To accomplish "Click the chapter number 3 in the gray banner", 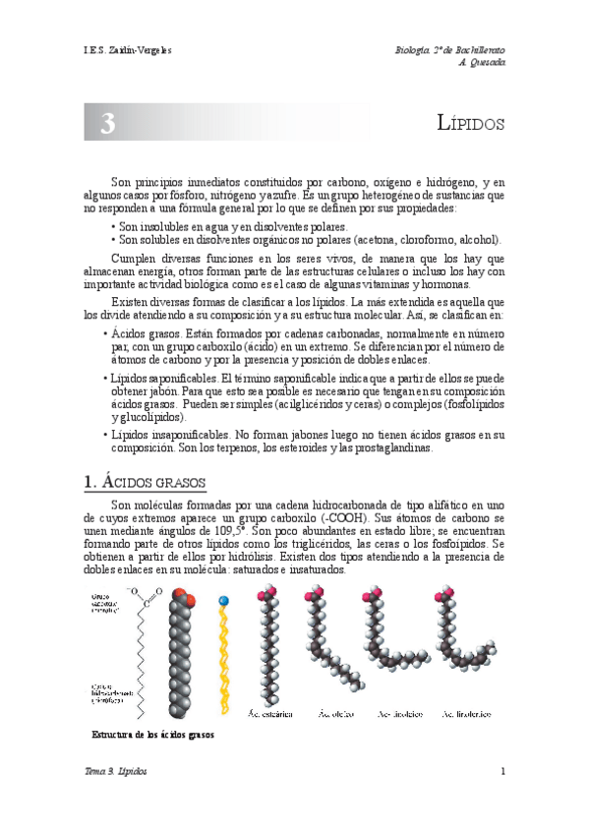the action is tap(107, 123).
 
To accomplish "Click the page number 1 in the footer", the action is tap(502, 771).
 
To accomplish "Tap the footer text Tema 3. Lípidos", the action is tap(117, 771).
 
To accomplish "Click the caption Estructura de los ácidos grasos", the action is tap(152, 735).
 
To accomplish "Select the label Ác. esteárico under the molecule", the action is tap(270, 713).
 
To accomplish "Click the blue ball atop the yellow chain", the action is tap(224, 599).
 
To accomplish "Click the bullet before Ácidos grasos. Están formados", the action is tap(105, 334).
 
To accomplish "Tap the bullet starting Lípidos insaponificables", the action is tap(105, 434).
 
